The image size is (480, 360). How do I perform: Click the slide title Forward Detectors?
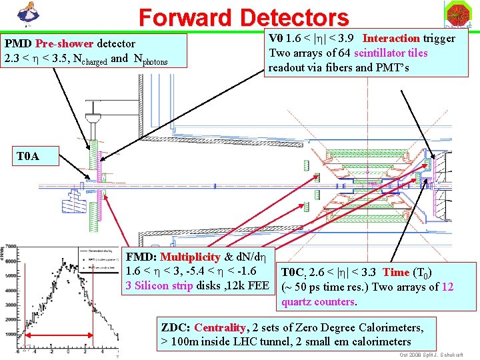243,17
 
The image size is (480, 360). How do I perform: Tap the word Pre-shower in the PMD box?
65,44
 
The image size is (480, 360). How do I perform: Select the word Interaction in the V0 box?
391,38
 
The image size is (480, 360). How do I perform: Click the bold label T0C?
294,272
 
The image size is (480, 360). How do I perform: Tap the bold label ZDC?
175,328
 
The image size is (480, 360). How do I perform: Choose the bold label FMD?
142,257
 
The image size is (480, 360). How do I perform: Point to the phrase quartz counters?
318,301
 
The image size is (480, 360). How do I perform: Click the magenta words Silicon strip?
166,285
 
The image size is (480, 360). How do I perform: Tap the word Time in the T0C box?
396,272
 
